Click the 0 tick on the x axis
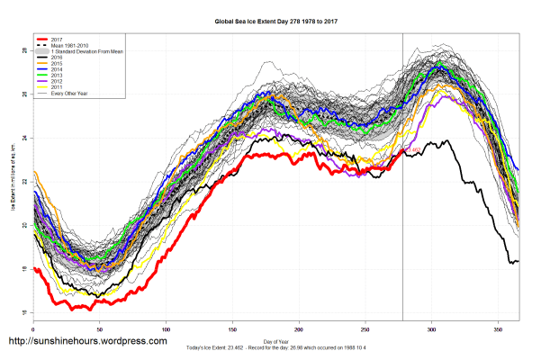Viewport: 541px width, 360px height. click(x=33, y=328)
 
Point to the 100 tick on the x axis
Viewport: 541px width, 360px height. click(x=166, y=328)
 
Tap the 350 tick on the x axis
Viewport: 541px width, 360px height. click(x=499, y=328)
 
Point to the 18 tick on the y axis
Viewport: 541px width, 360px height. click(x=25, y=269)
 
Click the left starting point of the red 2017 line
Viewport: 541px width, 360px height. click(x=34, y=267)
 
